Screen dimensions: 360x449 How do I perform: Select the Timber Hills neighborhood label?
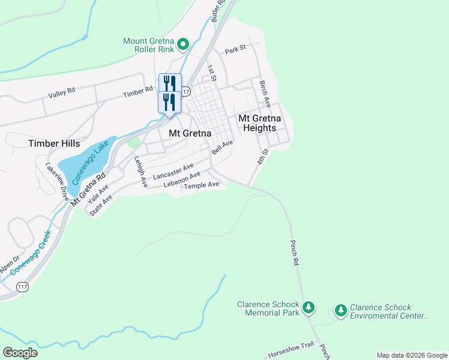point(54,143)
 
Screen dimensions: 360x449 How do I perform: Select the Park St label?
point(235,49)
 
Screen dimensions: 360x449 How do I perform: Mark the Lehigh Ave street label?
point(140,172)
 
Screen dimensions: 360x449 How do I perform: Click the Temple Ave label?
point(201,185)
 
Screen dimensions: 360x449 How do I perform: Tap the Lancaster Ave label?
point(173,172)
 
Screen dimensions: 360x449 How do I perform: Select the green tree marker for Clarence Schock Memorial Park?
point(309,308)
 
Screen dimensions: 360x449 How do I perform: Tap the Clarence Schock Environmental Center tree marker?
point(340,310)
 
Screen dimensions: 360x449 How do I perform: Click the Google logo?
point(20,353)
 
